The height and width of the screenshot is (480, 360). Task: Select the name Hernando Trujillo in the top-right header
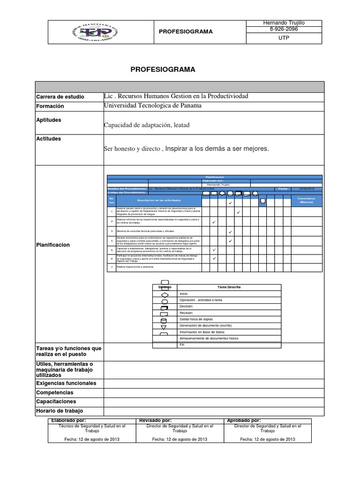[284, 23]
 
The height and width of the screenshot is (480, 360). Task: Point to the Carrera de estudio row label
[60, 97]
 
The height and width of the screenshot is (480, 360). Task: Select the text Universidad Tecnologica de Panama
[152, 105]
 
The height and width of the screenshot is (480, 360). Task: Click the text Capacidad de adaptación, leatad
[147, 125]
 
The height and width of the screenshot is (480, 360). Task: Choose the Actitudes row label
[48, 139]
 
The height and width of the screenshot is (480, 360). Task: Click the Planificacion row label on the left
[52, 245]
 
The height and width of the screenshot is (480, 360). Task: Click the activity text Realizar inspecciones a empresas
[135, 267]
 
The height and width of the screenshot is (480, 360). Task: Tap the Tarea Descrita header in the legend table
[229, 287]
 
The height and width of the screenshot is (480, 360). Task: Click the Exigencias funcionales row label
[66, 383]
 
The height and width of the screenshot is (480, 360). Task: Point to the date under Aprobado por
[267, 439]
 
